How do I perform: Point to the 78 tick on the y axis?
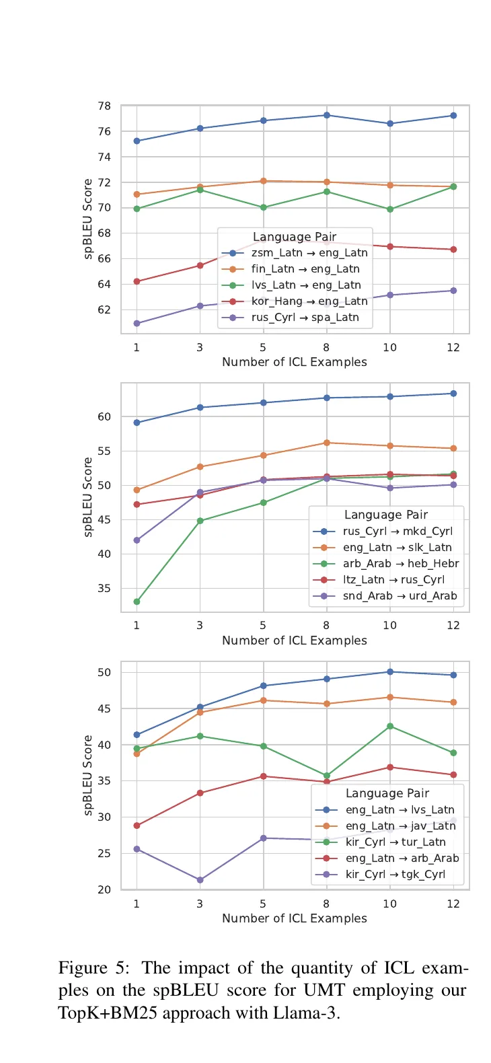[104, 106]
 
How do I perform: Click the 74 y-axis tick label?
[104, 157]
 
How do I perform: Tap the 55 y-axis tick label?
[104, 451]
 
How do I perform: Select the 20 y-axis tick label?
[104, 889]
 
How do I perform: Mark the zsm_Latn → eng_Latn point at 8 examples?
[327, 115]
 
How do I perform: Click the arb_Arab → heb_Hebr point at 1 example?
[137, 601]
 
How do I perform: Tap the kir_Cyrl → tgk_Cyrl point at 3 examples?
[200, 880]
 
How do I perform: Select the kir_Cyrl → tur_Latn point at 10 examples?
[390, 726]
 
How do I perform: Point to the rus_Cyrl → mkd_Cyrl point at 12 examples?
[453, 394]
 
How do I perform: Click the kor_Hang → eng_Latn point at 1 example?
[137, 281]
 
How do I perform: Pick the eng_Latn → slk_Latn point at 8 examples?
[327, 443]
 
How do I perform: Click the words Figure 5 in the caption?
[93, 968]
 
